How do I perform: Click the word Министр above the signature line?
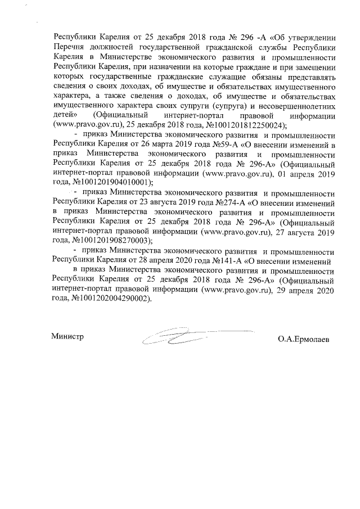click(67, 336)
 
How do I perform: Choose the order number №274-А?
click(215, 201)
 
